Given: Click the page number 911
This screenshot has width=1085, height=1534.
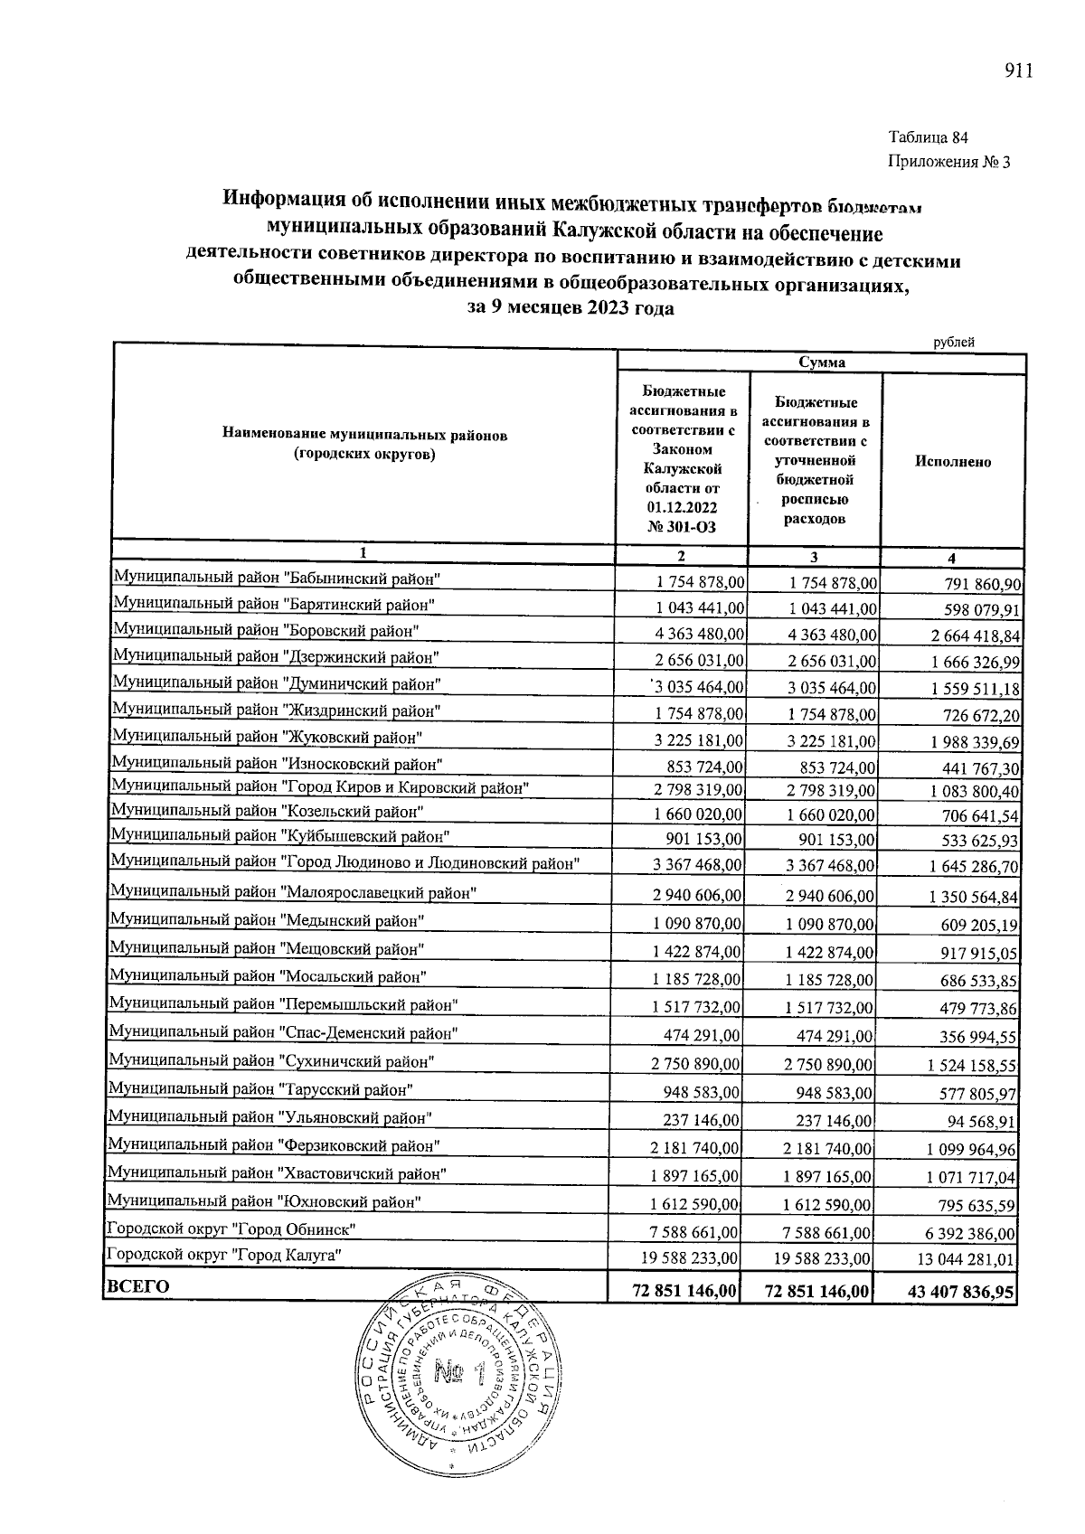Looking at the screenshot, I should coord(1017,71).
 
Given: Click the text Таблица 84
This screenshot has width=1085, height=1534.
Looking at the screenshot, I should coord(929,138).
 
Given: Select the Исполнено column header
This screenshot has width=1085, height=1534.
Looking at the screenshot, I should coord(952,462).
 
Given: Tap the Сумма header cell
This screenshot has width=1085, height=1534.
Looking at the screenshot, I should coord(821,362).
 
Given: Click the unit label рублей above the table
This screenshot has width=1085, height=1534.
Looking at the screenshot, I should coord(954,342).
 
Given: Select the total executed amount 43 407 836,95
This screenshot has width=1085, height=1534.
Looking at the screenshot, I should coord(961,1293).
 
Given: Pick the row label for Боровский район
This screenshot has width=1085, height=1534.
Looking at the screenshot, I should coord(266,630).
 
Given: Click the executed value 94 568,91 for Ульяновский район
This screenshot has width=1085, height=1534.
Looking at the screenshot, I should coord(980,1122).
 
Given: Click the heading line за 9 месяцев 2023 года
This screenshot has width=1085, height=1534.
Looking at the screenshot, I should coord(570,307).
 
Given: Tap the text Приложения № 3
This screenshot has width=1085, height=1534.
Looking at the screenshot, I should coord(948,163).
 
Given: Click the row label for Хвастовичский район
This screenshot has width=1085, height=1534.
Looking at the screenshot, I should coord(277,1173).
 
